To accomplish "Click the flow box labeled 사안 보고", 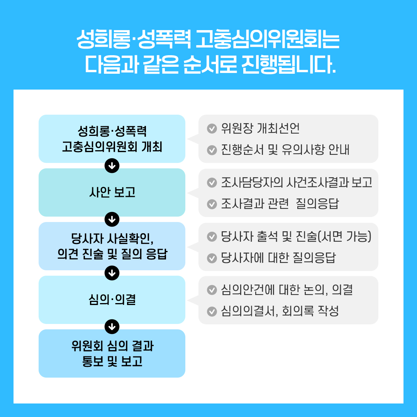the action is tap(112, 192).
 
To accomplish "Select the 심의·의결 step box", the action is tap(112, 300).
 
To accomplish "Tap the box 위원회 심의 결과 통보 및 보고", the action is tap(112, 353).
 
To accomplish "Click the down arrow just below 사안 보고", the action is tap(112, 219).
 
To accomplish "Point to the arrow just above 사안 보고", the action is tap(112, 166).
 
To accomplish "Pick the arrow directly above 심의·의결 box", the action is tap(112, 273).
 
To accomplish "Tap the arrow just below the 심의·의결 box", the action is tap(112, 327).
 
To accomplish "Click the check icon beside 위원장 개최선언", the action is tap(212, 129).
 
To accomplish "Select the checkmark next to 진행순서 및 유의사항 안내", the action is tap(212, 150).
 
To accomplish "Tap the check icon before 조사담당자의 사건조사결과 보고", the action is tap(212, 183).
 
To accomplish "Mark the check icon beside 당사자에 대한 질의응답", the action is tap(212, 258).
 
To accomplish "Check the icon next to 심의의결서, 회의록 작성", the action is tap(212, 312).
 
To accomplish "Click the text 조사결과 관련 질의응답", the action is tap(280, 204).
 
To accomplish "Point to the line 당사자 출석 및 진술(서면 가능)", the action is tap(296, 236).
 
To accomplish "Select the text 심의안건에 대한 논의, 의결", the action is tap(287, 290).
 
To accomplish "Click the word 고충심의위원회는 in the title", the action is tap(268, 39).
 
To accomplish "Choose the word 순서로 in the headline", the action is tap(210, 64).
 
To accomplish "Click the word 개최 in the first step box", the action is tap(152, 147).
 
